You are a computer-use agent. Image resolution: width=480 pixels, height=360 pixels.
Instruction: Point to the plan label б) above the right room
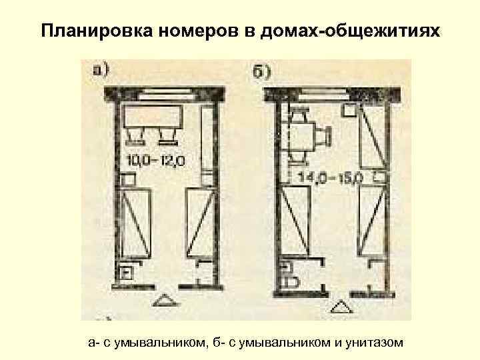click(x=261, y=71)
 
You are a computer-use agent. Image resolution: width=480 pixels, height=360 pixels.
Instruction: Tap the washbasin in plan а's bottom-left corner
click(x=125, y=272)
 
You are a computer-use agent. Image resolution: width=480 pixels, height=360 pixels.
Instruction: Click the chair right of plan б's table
click(x=325, y=137)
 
